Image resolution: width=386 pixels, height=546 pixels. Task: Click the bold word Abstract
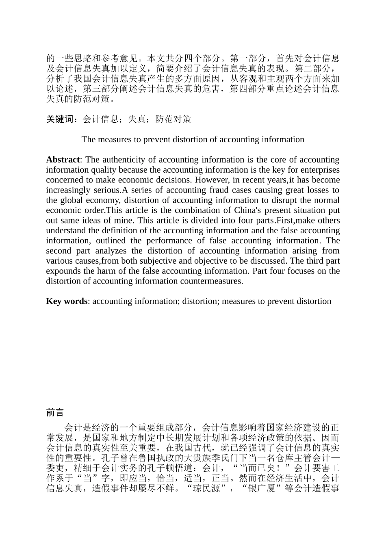click(63, 160)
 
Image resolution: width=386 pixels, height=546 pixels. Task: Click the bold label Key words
click(67, 301)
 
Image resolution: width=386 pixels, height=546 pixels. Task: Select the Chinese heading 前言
click(55, 413)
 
